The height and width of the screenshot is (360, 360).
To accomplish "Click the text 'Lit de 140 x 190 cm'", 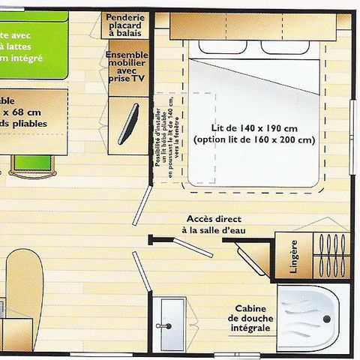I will coord(253,127).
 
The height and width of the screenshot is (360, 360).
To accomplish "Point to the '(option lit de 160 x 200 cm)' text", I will coord(253,139).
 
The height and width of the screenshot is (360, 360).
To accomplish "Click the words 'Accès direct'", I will coord(214,219).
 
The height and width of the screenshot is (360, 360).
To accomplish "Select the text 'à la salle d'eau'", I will coord(214,231).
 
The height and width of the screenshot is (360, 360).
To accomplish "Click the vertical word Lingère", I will coord(293,257).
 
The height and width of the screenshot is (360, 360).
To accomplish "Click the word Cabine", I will coord(250,308).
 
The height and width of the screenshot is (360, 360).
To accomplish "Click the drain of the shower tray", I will coord(328,318).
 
